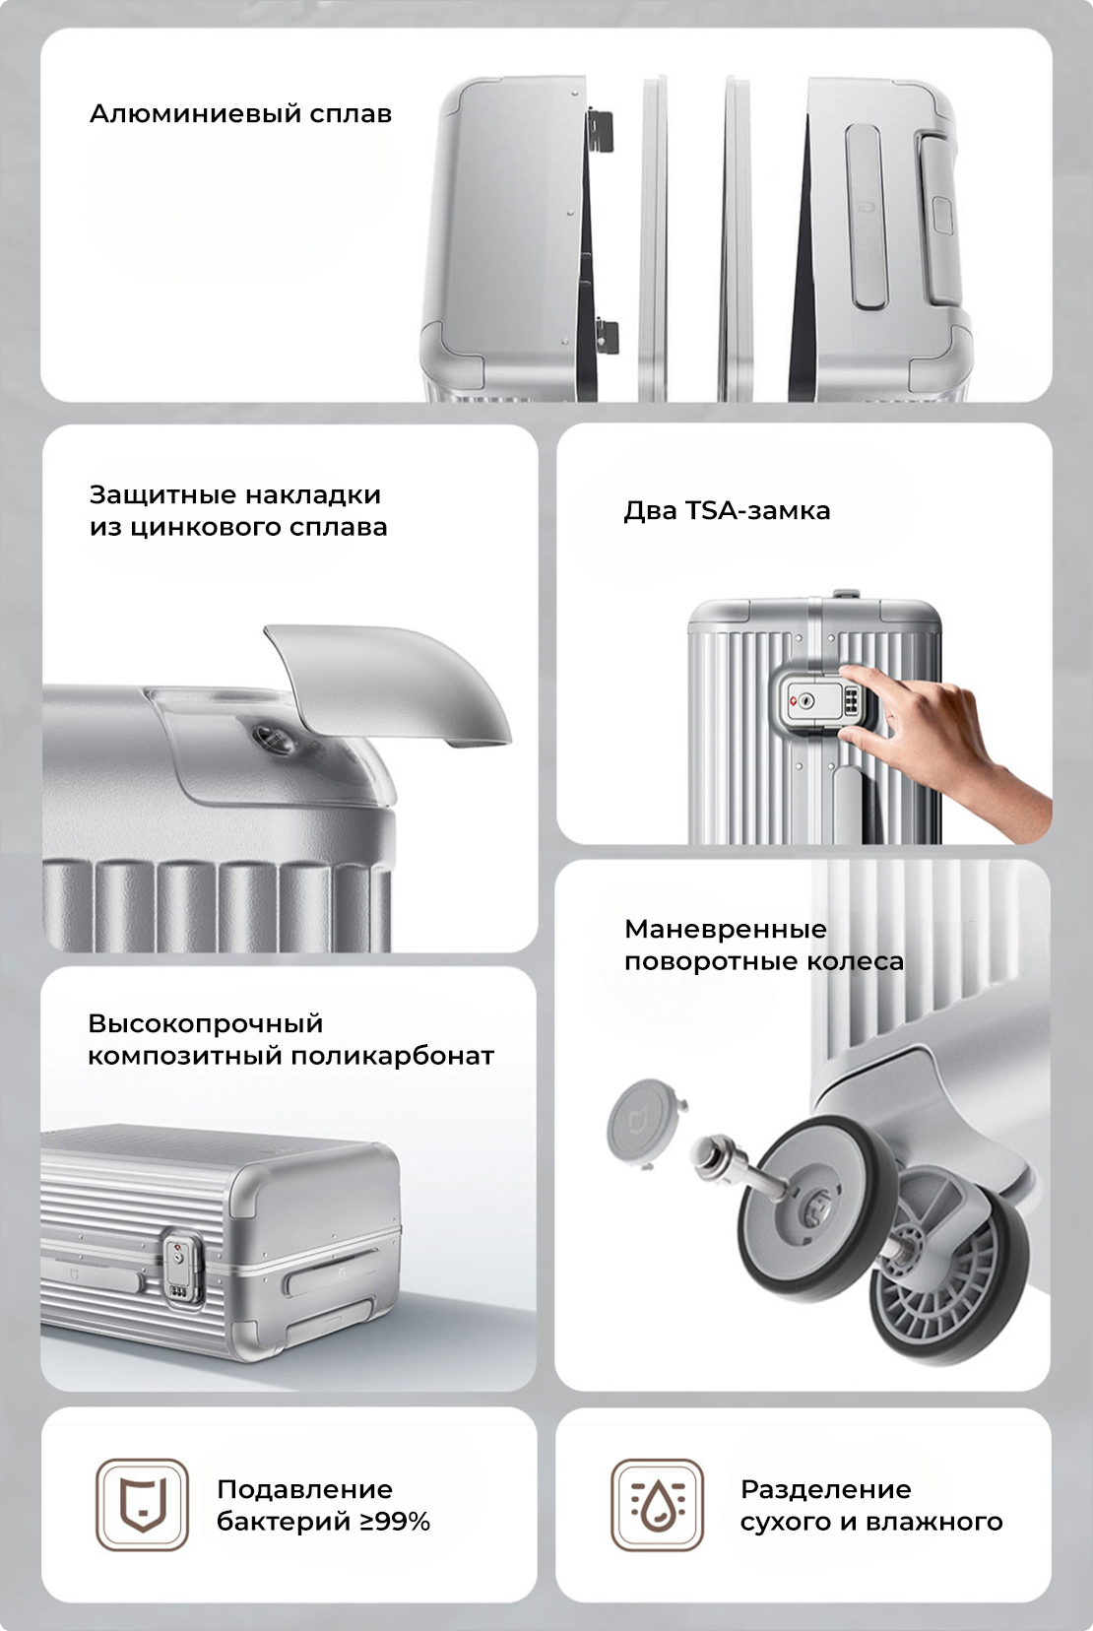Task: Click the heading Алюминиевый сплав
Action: (240, 114)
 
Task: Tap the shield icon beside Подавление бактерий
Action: (142, 1504)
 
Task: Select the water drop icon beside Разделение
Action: (658, 1504)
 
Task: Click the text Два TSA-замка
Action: (727, 510)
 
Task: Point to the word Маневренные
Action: (726, 929)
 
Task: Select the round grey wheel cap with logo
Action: (643, 1122)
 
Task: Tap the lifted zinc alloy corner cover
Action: (393, 682)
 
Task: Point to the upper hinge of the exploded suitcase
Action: (601, 131)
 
